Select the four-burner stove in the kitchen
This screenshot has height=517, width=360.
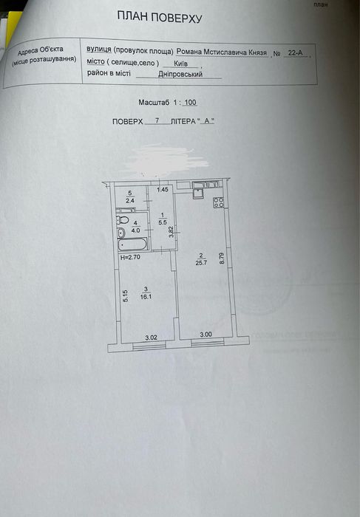219,202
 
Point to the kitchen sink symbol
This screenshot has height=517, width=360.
199,192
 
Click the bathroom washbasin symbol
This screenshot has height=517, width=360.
121,233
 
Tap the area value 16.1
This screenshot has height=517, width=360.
146,296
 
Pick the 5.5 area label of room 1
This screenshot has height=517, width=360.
163,222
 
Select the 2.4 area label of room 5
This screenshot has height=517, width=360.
130,200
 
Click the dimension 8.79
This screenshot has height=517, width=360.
222,258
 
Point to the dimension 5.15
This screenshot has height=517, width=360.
126,296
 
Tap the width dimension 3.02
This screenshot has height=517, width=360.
151,338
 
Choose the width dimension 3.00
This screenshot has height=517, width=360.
206,335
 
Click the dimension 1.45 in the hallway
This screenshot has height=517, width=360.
163,189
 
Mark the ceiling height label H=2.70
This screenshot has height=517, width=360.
130,257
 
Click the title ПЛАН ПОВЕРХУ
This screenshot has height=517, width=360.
160,17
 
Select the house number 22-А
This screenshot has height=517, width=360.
296,52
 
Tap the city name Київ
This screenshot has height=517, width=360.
181,64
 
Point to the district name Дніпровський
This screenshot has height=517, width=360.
180,74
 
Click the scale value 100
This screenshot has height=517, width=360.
190,103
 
